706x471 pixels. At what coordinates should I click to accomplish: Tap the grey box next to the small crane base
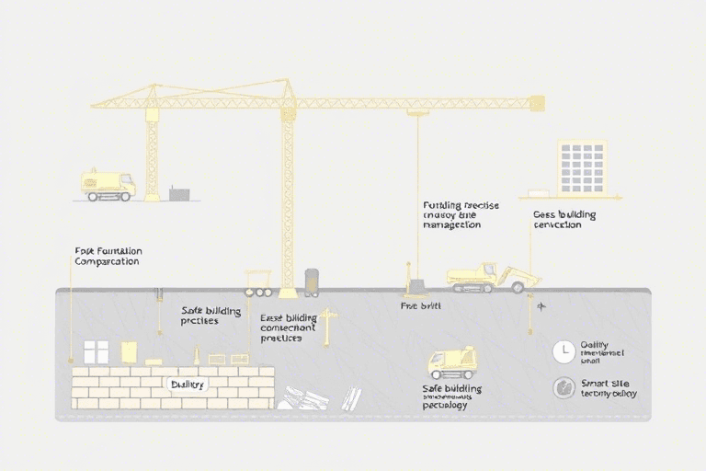click(x=180, y=194)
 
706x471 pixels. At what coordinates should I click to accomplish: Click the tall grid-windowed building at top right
click(x=582, y=167)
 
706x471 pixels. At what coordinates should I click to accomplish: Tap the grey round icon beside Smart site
click(x=563, y=387)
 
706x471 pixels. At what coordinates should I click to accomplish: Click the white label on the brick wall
click(x=188, y=384)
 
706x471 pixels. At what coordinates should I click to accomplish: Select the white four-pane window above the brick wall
click(x=97, y=351)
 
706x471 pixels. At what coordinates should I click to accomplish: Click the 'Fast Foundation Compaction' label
click(x=108, y=256)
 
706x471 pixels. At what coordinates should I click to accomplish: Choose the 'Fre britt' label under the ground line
click(x=422, y=304)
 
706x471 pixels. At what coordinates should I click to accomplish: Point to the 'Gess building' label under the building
click(x=564, y=220)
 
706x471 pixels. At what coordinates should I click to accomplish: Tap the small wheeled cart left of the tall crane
click(x=257, y=282)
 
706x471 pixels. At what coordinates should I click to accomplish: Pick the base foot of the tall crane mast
click(x=288, y=293)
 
